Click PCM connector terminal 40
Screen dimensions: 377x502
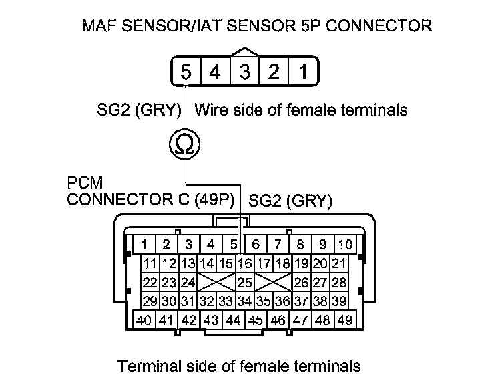click(144, 320)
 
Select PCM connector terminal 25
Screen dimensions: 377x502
click(244, 282)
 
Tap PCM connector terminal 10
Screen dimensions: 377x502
click(344, 244)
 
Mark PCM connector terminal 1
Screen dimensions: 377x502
click(144, 244)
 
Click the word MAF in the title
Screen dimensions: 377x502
click(99, 26)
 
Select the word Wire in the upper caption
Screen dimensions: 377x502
click(210, 110)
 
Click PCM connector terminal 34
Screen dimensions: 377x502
click(244, 301)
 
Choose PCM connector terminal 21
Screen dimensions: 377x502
click(339, 263)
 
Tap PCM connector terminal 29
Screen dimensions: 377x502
click(150, 301)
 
